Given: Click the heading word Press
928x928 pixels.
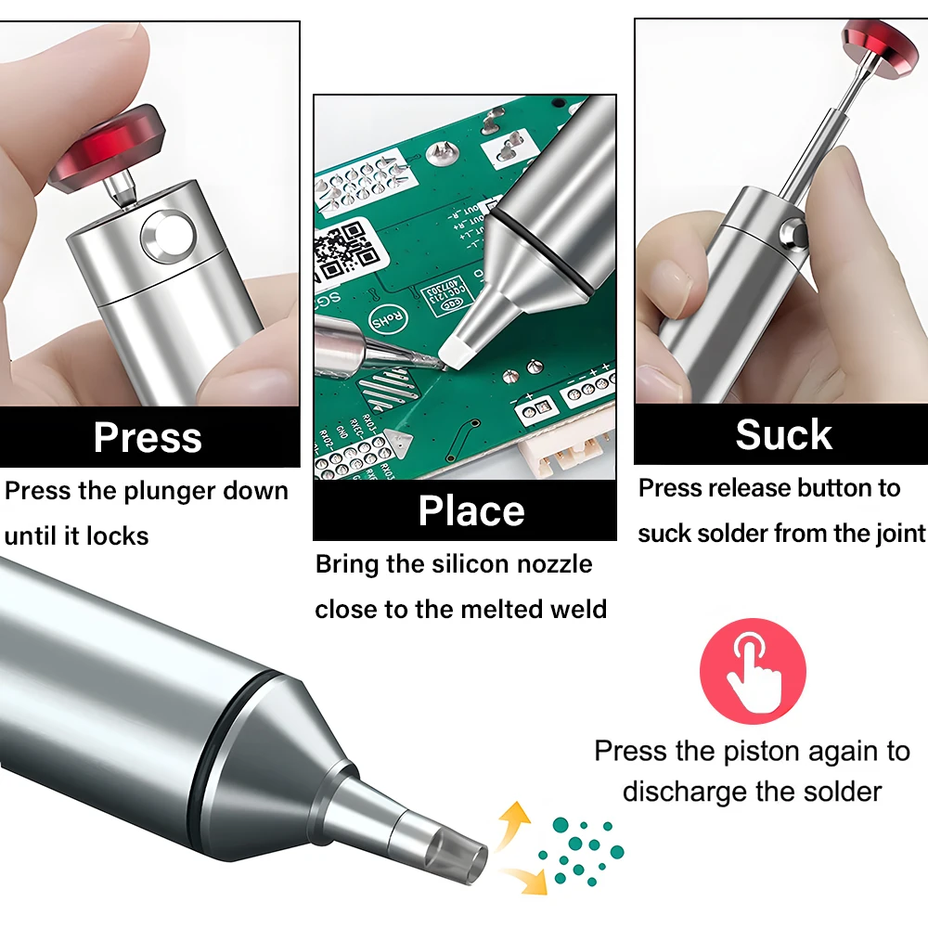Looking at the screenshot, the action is click(148, 437).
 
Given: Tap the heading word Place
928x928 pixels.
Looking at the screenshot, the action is click(471, 510).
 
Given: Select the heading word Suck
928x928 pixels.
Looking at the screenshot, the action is click(783, 434).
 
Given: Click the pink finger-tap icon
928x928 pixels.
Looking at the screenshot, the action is click(753, 671).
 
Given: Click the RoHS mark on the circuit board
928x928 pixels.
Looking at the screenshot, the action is click(389, 318).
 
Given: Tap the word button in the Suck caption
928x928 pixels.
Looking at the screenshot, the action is click(834, 488).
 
